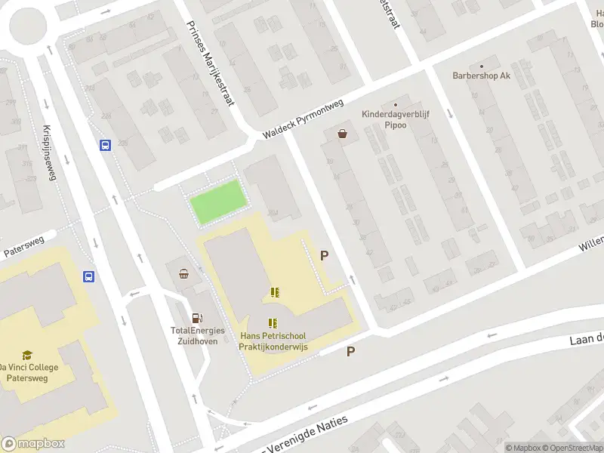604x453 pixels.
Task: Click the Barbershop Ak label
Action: (x=481, y=75)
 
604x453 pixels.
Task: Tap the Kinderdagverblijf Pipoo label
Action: (x=395, y=119)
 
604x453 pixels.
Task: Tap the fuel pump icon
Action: (x=196, y=318)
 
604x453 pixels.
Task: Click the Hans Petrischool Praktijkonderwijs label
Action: (x=272, y=341)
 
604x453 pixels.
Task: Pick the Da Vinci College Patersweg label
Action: (x=29, y=373)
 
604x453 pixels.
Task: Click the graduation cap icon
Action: (x=27, y=355)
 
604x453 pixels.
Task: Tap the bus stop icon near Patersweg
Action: (x=88, y=276)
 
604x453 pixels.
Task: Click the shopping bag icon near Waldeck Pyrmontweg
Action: (x=344, y=134)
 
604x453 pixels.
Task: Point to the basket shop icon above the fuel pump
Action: (x=183, y=275)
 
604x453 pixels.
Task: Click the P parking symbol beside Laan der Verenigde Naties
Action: (x=350, y=352)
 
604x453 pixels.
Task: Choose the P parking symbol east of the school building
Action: (x=325, y=255)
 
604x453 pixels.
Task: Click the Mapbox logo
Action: (x=33, y=444)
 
